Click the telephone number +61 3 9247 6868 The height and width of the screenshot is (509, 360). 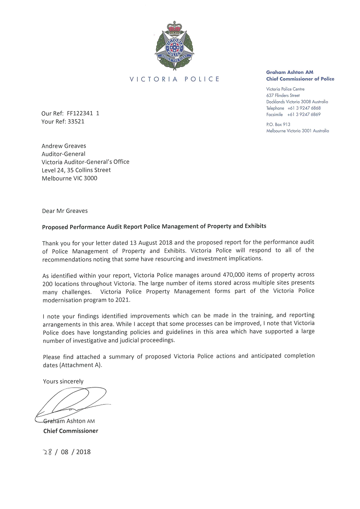point(304,108)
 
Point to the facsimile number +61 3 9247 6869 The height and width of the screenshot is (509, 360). point(304,114)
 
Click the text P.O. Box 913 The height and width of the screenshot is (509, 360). point(278,124)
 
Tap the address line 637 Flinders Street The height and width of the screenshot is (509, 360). point(283,95)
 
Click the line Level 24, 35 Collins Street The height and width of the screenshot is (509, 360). point(76,170)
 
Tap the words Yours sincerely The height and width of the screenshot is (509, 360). point(63,381)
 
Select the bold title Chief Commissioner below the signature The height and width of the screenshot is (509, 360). point(70,431)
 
